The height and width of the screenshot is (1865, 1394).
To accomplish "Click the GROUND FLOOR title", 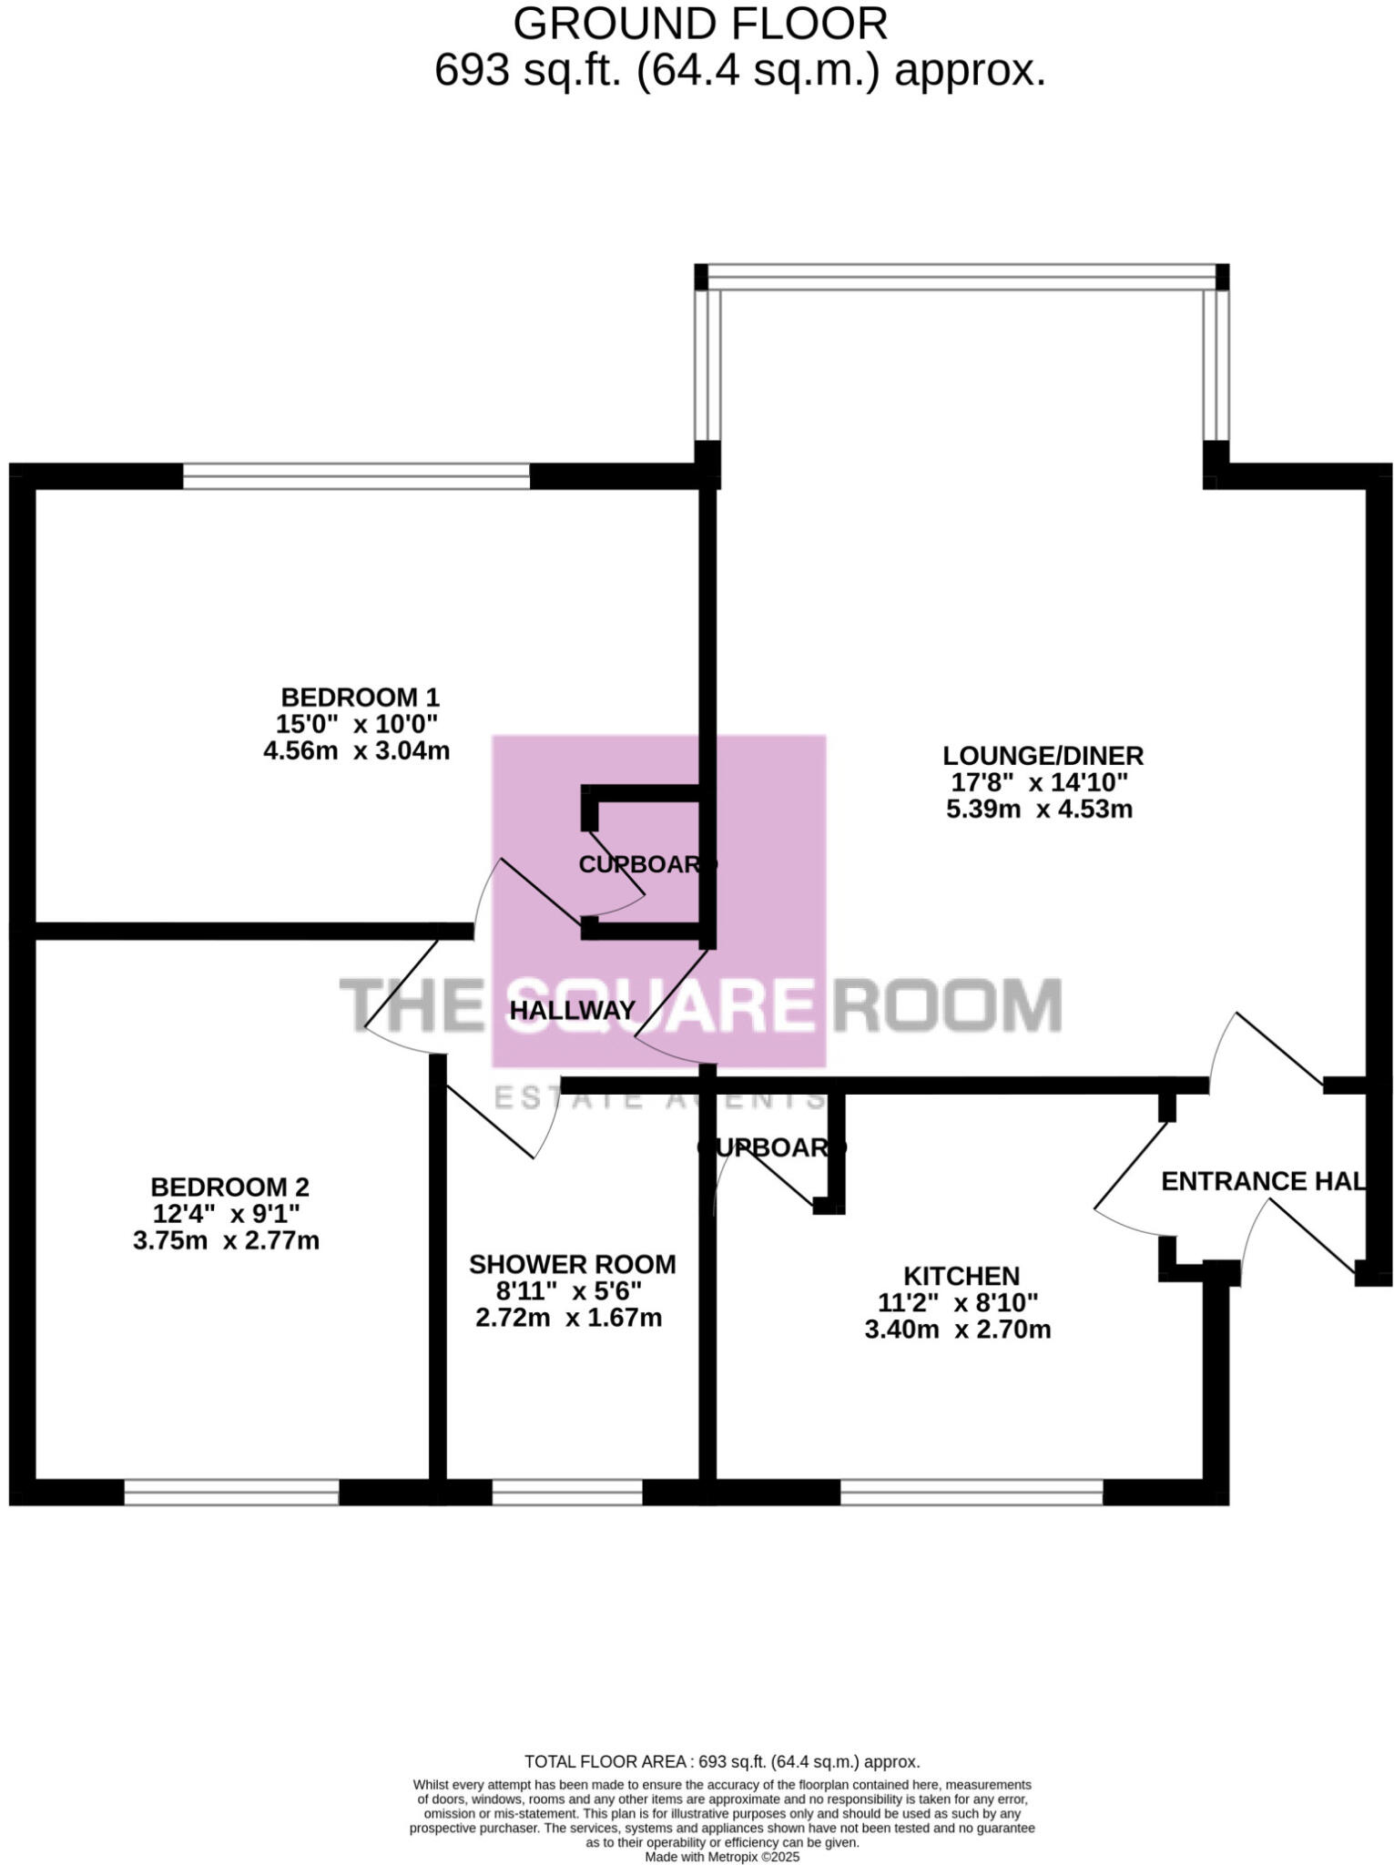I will click(700, 25).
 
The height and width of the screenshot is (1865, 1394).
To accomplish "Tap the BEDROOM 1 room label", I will click(360, 698).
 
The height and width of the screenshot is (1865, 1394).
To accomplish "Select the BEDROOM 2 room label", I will click(229, 1187).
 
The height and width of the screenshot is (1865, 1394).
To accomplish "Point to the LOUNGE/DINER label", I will click(1043, 755).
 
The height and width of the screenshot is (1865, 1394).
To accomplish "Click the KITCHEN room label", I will click(961, 1276).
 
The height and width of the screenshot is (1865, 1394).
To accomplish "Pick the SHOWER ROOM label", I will click(572, 1264).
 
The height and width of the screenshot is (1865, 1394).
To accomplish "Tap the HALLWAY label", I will click(572, 1010).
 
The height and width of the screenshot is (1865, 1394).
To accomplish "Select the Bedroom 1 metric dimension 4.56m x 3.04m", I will click(356, 751).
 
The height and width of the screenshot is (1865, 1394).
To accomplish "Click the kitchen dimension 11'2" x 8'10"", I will click(958, 1303).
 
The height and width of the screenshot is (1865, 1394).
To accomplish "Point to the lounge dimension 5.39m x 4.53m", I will click(1039, 809).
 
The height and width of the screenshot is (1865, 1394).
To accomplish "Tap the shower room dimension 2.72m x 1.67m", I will click(568, 1318).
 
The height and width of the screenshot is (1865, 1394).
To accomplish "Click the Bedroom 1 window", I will click(356, 475).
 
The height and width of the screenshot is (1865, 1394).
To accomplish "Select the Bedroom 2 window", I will click(231, 1492).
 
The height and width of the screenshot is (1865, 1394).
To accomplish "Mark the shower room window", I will click(567, 1492).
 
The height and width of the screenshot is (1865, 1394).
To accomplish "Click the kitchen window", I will click(971, 1492).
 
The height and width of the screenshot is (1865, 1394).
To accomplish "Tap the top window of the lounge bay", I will click(962, 277).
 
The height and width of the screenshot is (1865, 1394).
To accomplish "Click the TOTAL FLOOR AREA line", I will click(721, 1762).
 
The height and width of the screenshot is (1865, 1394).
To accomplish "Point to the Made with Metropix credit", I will click(721, 1857).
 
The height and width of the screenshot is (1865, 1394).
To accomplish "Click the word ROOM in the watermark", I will click(947, 1005).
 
